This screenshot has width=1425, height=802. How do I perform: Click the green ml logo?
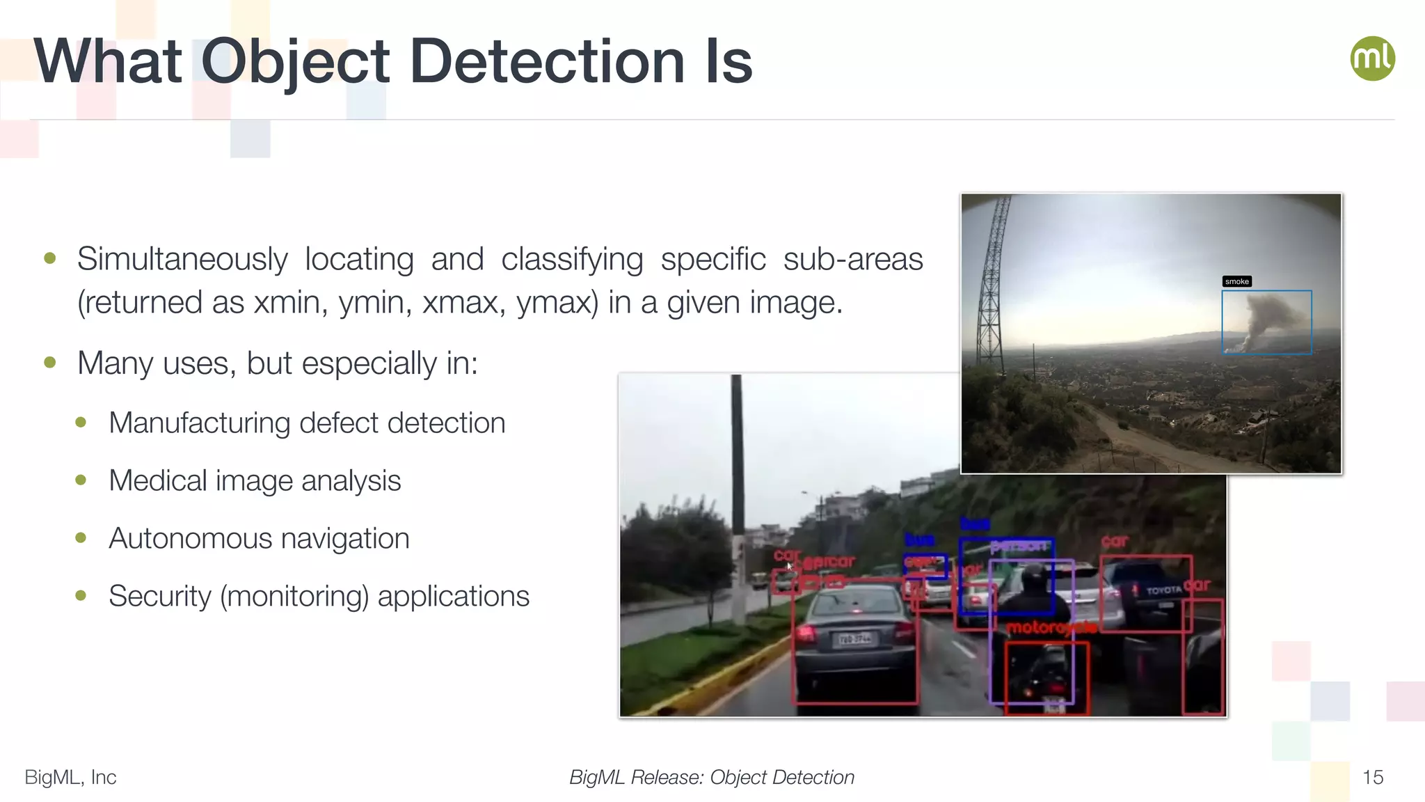tap(1372, 58)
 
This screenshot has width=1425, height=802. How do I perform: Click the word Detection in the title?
tap(547, 63)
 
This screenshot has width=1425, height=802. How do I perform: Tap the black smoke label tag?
tap(1236, 281)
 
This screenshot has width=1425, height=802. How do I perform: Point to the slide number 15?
tap(1372, 777)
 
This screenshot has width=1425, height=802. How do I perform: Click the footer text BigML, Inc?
tap(70, 777)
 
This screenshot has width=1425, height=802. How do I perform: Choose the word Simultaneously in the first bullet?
tap(182, 260)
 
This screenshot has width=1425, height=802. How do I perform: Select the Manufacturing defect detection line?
tap(307, 423)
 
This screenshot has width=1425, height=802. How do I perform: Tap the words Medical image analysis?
tap(255, 481)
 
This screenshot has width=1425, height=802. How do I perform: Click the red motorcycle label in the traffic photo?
tap(1051, 628)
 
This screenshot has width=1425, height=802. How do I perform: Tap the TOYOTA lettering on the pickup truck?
tap(1163, 590)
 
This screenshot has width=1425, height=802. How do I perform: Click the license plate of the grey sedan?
tap(854, 638)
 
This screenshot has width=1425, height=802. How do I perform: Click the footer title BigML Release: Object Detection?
tap(711, 777)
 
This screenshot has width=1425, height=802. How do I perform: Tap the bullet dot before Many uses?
tap(49, 363)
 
